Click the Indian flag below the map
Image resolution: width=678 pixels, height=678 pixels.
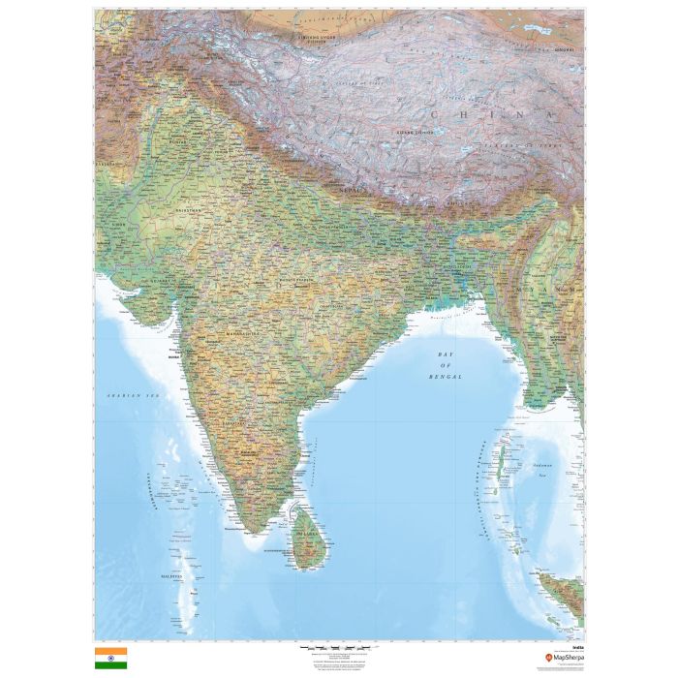[110, 659]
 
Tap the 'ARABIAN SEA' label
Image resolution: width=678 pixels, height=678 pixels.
[131, 396]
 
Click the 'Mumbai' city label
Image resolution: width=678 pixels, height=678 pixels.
[175, 356]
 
